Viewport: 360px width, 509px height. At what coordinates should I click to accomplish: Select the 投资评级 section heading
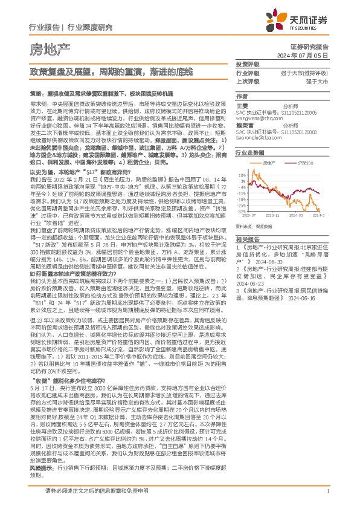(248, 65)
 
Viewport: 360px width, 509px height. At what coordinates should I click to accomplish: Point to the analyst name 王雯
(241, 105)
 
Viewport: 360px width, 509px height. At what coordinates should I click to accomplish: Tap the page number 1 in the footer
(327, 493)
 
